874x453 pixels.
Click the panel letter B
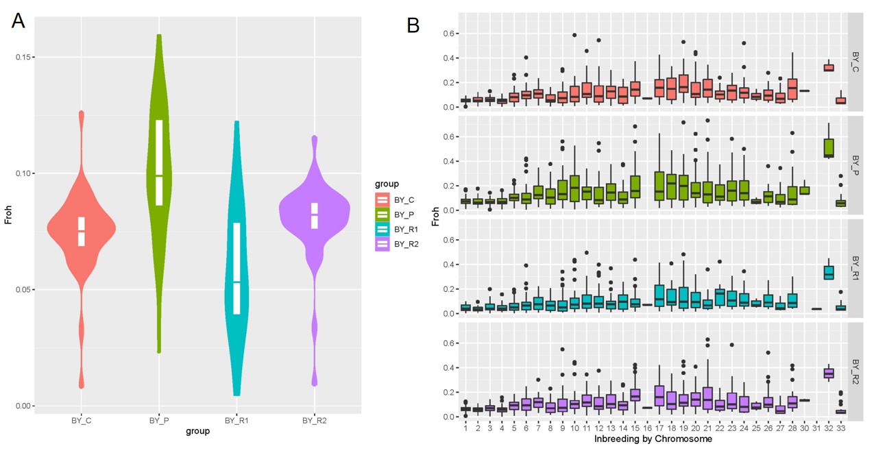[413, 25]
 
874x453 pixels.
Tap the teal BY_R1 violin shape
[236, 260]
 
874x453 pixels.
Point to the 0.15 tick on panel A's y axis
[25, 57]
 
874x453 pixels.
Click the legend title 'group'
[387, 184]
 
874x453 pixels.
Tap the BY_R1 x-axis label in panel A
[236, 420]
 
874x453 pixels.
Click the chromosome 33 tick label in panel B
[841, 428]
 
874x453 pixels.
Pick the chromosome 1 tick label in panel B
[465, 428]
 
